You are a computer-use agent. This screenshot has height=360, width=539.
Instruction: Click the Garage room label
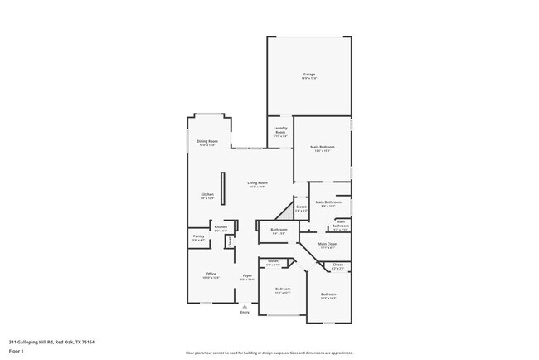tap(308, 75)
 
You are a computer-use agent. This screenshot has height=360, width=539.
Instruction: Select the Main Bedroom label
tap(322, 147)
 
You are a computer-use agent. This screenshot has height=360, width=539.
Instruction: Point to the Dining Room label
tap(207, 141)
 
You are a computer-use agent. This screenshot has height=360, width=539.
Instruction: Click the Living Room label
tap(257, 182)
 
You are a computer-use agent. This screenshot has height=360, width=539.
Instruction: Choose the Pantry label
tap(198, 236)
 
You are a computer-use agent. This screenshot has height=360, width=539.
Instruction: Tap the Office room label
tap(211, 274)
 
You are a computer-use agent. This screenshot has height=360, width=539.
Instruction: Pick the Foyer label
tap(247, 275)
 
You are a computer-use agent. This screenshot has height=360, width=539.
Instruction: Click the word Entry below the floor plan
tap(245, 312)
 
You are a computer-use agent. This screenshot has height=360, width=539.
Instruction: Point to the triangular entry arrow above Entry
tap(245, 305)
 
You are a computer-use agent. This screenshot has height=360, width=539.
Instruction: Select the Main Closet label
tap(328, 244)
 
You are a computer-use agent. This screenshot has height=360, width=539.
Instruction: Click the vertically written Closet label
tap(230, 241)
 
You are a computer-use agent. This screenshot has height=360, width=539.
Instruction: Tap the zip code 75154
tap(88, 342)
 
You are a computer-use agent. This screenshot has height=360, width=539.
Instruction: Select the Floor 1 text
tap(17, 352)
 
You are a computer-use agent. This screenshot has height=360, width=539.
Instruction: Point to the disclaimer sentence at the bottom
tap(269, 353)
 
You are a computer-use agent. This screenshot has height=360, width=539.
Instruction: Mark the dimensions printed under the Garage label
tap(308, 79)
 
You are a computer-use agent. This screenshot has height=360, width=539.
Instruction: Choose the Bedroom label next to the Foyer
tap(282, 289)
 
